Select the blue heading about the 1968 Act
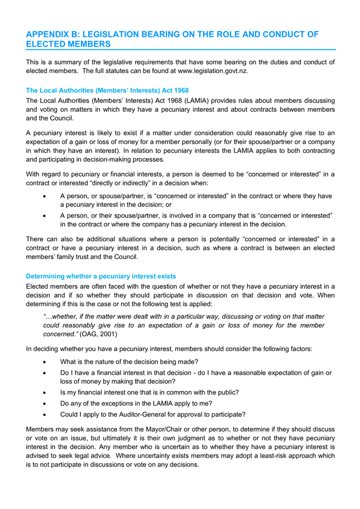(107, 90)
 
